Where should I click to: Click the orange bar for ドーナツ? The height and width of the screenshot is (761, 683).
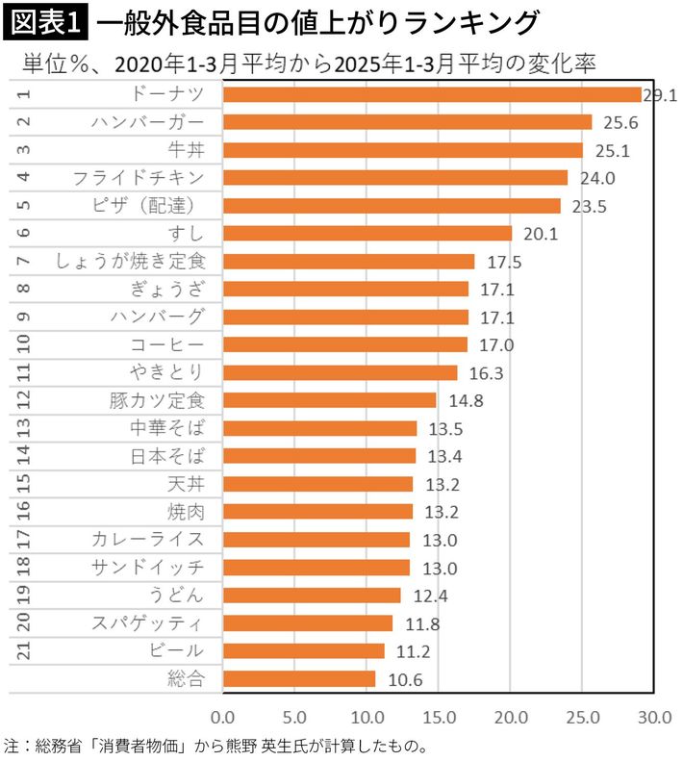(432, 94)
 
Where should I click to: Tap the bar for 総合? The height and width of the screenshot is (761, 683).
(299, 678)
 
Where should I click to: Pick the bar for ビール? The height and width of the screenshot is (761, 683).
(303, 650)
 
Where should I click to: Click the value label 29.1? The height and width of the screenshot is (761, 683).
(661, 95)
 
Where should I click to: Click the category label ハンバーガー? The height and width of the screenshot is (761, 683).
(148, 122)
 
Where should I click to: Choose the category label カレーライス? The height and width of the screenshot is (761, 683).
(148, 540)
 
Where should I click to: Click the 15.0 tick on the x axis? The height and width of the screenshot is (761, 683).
(440, 717)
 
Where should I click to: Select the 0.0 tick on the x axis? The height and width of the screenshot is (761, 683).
(223, 717)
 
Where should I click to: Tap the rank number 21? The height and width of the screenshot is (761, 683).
(24, 650)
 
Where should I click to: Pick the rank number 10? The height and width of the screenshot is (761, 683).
(24, 344)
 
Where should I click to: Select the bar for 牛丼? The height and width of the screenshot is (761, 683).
(403, 150)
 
